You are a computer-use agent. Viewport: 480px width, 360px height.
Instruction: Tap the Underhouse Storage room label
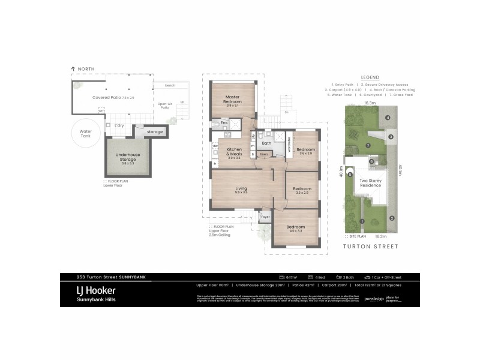127,157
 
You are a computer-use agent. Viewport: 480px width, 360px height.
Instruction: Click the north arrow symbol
73,70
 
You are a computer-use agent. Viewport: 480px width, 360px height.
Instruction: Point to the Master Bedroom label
233,100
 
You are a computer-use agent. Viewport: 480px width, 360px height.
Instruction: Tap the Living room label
241,191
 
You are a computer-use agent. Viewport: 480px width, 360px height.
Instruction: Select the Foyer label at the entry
265,217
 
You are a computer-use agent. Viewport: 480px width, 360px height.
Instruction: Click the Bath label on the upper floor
266,143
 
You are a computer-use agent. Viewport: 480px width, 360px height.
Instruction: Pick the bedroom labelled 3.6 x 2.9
305,151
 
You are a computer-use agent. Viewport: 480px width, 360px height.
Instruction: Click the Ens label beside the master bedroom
224,123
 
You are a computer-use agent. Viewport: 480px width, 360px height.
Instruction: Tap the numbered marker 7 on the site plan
368,145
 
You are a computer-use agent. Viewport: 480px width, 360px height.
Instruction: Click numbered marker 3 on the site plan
391,137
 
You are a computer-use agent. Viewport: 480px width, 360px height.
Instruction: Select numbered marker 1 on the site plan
362,221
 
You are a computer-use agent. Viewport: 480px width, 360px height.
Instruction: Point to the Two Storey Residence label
370,183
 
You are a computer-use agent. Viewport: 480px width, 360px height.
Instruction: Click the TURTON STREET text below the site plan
370,246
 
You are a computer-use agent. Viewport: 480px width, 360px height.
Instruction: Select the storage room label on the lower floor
155,131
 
